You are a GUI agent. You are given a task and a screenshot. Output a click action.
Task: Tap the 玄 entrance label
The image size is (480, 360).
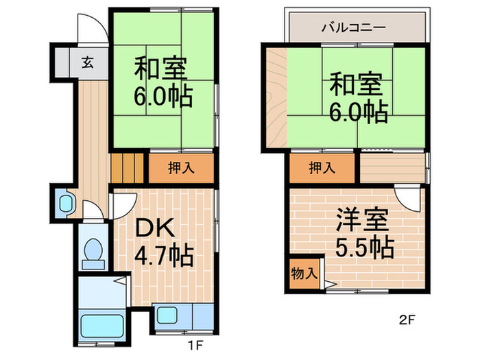(88, 62)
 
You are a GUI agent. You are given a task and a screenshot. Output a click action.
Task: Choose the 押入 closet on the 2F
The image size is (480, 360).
(322, 168)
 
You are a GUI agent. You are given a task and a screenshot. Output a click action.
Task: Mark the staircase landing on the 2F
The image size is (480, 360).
(392, 168)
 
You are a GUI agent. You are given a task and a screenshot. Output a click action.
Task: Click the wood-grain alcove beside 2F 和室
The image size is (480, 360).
(276, 96)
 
